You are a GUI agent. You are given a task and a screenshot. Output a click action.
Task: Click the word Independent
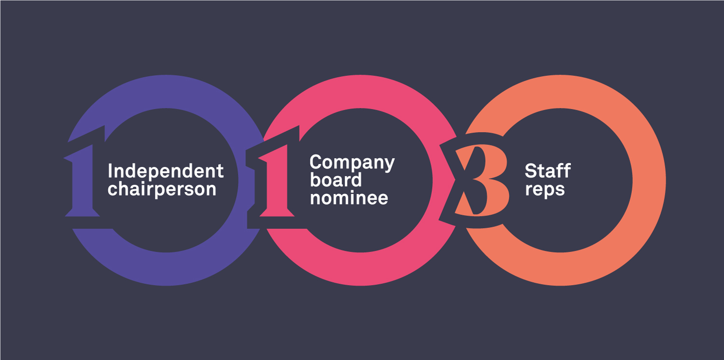click(x=166, y=171)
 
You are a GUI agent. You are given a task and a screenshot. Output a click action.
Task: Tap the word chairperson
click(x=162, y=189)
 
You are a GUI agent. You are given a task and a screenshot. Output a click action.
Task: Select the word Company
click(x=352, y=163)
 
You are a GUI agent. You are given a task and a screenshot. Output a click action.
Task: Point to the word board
click(x=335, y=180)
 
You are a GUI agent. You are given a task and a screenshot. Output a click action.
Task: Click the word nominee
click(x=348, y=197)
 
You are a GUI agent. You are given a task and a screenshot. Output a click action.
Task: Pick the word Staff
click(x=547, y=171)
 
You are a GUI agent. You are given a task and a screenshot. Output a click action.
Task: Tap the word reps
click(x=544, y=189)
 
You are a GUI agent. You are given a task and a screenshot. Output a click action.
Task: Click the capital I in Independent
click(x=110, y=171)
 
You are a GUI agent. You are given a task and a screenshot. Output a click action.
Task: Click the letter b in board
click(x=315, y=180)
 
